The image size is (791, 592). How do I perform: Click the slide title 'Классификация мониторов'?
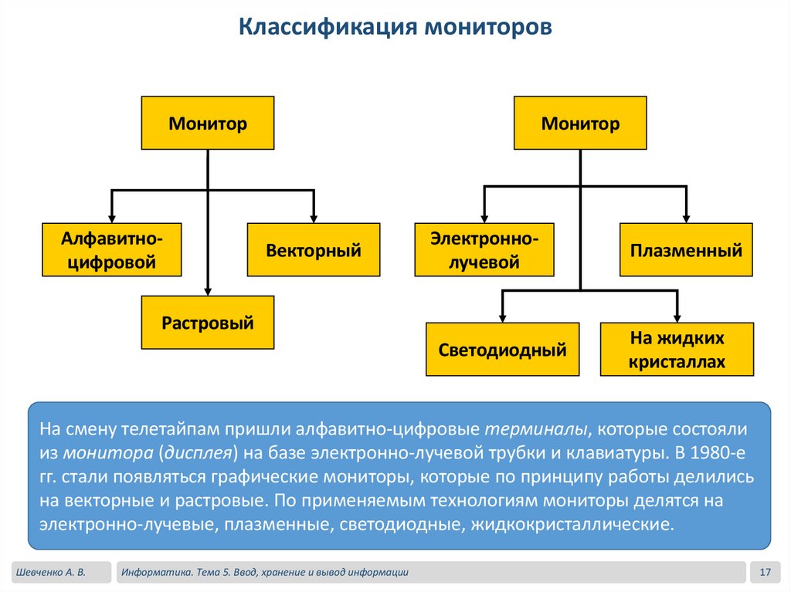[395, 28]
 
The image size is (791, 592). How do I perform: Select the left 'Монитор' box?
[208, 123]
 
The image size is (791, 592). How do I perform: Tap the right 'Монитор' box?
[580, 123]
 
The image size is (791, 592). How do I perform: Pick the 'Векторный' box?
[314, 249]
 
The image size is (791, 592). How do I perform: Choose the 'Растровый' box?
[208, 322]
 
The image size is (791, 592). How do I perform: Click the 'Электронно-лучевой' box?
[484, 249]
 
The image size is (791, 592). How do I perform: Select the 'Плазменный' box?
[686, 249]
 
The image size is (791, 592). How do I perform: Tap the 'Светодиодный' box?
[503, 350]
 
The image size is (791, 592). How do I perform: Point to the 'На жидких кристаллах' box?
[677, 350]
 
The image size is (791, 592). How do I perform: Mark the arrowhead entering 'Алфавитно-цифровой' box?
[111, 218]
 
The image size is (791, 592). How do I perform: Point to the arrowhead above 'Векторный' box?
[314, 218]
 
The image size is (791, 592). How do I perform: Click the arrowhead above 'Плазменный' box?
[686, 218]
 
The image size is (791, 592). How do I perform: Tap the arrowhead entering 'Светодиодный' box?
[503, 317]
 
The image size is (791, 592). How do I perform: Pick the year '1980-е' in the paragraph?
[728, 452]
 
